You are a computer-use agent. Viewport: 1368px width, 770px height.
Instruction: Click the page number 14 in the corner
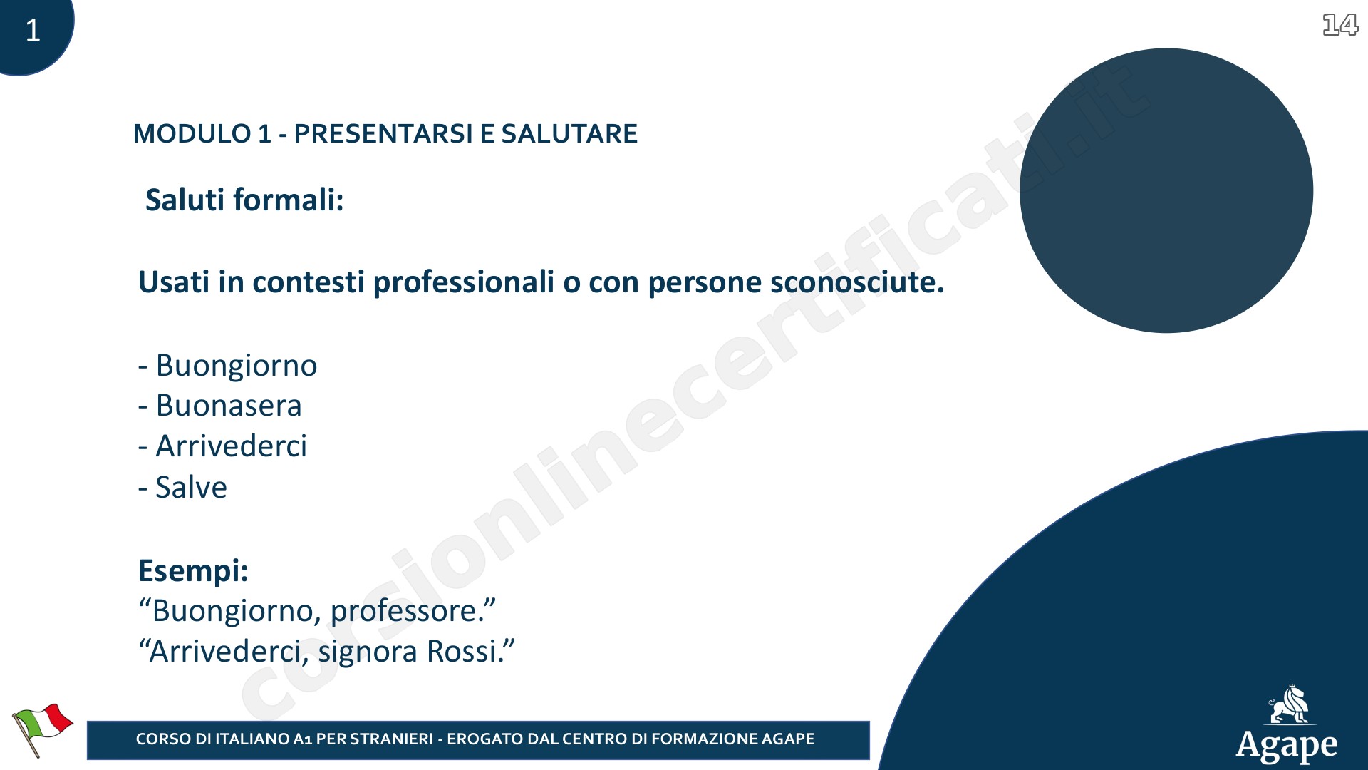(x=1340, y=25)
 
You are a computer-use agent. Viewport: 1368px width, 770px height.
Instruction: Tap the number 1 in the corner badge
(x=33, y=30)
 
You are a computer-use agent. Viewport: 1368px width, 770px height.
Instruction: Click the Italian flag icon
(x=42, y=729)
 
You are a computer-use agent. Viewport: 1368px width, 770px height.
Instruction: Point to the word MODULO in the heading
(x=192, y=134)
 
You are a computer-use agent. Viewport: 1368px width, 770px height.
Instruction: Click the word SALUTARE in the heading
(x=569, y=134)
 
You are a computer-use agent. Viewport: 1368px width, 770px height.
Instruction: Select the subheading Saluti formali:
(x=244, y=200)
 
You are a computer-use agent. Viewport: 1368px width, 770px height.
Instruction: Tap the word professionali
(x=464, y=283)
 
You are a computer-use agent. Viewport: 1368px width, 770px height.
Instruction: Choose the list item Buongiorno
(x=237, y=366)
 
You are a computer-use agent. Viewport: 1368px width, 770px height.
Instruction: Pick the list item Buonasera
(x=229, y=406)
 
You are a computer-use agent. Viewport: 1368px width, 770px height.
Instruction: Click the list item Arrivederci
(x=232, y=446)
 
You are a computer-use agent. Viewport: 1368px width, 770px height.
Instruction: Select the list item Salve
(x=191, y=487)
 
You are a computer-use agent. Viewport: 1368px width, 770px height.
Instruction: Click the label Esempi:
(x=193, y=571)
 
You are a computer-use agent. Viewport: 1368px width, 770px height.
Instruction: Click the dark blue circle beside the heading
(x=1166, y=190)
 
